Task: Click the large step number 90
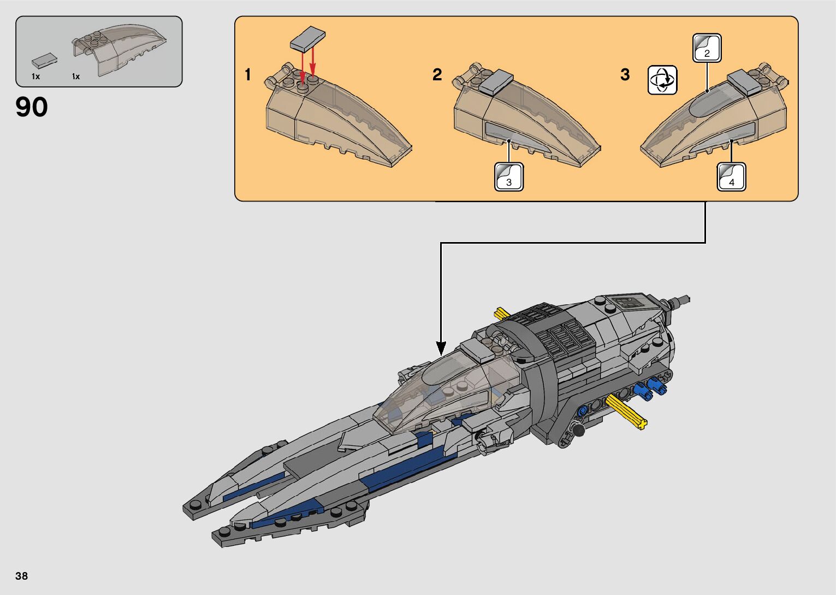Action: pos(32,108)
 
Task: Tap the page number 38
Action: pos(22,576)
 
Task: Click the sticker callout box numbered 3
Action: pos(509,176)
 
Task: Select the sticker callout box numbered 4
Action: pos(731,177)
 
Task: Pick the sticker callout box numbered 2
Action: pos(707,48)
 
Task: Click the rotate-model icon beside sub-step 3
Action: pos(662,80)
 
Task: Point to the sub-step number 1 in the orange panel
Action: pos(248,75)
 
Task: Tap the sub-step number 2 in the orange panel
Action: pos(437,75)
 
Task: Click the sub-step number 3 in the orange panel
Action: pos(625,75)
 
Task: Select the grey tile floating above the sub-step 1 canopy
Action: pos(308,39)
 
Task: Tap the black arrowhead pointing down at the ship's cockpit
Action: pos(441,348)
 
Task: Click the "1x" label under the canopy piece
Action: pos(76,76)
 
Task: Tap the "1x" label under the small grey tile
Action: pos(35,76)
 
